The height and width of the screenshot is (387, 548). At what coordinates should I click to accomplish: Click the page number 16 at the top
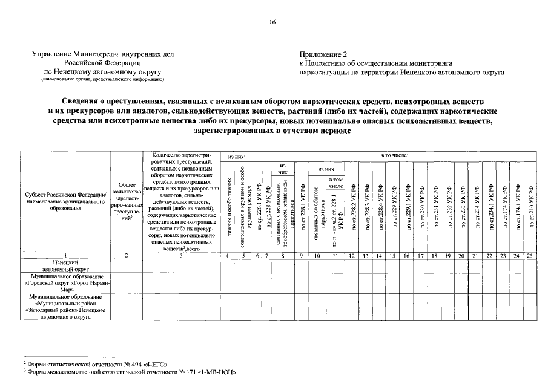(x=272, y=22)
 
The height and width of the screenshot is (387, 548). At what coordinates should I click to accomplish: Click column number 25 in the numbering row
(x=531, y=256)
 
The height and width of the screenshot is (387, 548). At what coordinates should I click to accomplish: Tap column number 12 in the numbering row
(x=352, y=256)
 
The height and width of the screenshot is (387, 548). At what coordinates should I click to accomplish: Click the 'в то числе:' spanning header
(x=395, y=156)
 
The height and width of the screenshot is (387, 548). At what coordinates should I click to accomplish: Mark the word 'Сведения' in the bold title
(x=81, y=101)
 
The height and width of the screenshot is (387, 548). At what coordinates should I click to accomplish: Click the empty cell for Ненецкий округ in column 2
(x=126, y=265)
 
